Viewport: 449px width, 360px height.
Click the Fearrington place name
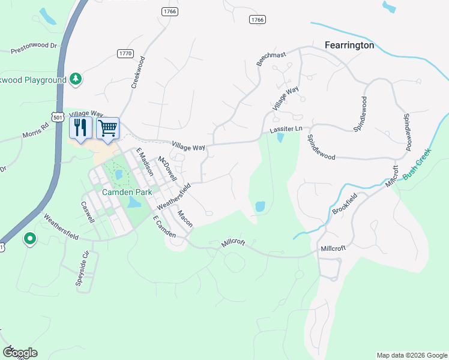pos(349,45)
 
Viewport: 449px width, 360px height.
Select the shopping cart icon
pos(107,127)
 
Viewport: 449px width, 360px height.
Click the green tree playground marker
pos(76,79)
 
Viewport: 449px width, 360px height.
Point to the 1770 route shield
pos(125,54)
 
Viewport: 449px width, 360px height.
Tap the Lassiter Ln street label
pos(285,130)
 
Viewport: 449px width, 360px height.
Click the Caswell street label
pos(88,211)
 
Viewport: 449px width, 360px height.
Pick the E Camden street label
pos(163,227)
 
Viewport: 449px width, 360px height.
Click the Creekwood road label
pos(138,73)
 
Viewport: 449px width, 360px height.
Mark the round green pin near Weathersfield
pos(29,239)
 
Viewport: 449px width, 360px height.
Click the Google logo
pos(20,353)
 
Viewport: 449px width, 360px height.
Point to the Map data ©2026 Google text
pos(411,355)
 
